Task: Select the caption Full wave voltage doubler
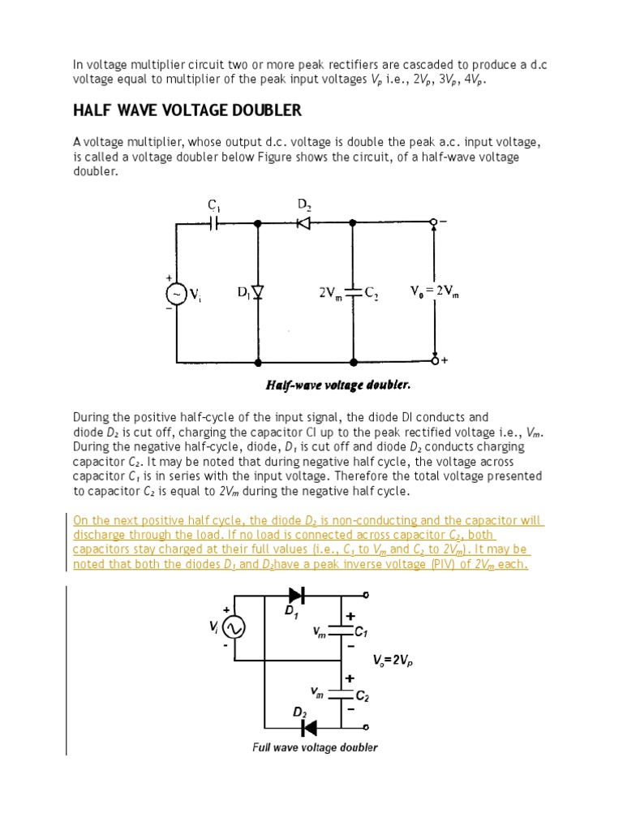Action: point(315,747)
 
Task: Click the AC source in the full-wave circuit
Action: point(235,627)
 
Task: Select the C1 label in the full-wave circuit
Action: point(363,631)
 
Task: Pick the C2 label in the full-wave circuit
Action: point(363,695)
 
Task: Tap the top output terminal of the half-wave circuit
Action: point(433,222)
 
